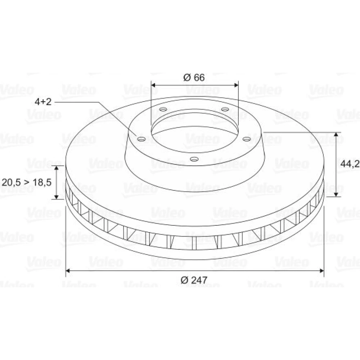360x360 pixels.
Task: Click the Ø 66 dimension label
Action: (x=194, y=78)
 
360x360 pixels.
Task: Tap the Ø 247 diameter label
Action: (x=194, y=280)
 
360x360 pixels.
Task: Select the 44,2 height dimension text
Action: (x=350, y=164)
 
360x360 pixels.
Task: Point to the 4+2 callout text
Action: (x=43, y=102)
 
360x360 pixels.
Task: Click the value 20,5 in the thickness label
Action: (x=12, y=183)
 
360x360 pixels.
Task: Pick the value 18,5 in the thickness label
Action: (x=42, y=183)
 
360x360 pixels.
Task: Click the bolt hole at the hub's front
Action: (x=194, y=159)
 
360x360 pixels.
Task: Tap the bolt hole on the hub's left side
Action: (x=141, y=139)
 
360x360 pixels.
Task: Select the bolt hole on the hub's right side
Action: (x=247, y=139)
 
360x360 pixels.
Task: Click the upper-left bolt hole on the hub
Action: (x=163, y=109)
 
